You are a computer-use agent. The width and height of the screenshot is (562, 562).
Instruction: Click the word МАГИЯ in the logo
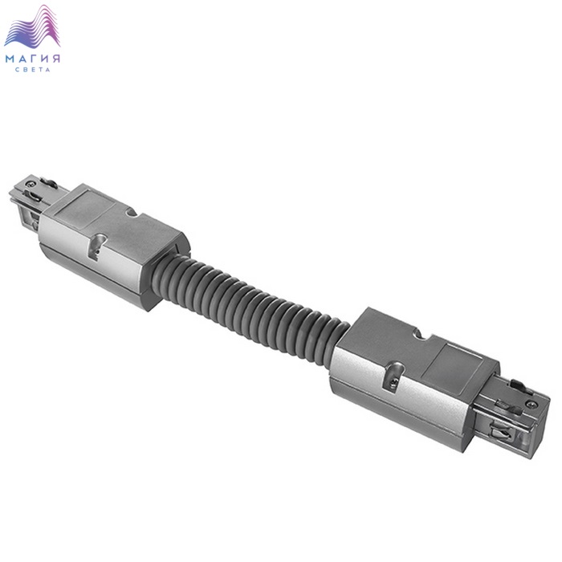(33, 59)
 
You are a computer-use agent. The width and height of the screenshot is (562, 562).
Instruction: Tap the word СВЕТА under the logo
(33, 70)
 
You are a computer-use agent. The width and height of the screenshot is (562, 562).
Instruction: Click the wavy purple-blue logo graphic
(32, 26)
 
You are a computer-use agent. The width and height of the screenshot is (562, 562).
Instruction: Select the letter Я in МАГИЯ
(56, 59)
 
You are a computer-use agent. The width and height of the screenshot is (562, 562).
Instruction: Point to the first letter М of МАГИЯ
(10, 59)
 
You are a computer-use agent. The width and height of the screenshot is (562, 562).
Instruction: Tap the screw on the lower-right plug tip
(531, 405)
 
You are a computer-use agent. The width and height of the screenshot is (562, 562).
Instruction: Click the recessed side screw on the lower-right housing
(393, 384)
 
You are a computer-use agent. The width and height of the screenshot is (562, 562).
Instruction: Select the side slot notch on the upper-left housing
(97, 246)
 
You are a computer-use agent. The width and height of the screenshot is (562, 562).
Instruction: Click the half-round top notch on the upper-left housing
(132, 213)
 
